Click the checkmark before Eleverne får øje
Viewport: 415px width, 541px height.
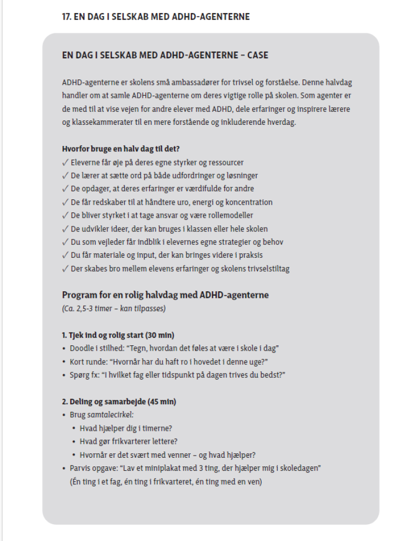pyautogui.click(x=65, y=163)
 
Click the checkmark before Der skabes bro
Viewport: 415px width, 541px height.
pyautogui.click(x=65, y=269)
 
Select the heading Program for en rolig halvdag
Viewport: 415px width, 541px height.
pyautogui.click(x=165, y=295)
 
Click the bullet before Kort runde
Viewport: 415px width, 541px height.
pyautogui.click(x=65, y=361)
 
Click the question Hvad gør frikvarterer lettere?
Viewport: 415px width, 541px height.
pyautogui.click(x=128, y=441)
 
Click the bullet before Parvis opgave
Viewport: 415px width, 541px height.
pyautogui.click(x=65, y=467)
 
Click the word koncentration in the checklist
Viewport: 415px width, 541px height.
pyautogui.click(x=247, y=203)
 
